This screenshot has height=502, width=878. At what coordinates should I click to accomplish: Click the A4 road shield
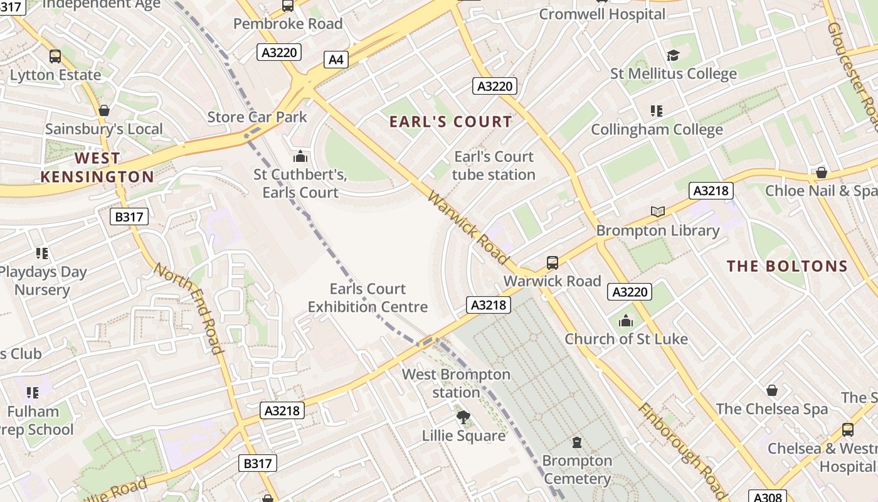(336, 60)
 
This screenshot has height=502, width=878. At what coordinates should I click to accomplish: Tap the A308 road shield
(768, 497)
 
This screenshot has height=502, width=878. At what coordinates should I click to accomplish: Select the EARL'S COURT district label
(451, 122)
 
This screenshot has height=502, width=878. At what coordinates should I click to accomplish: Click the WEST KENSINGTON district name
(97, 168)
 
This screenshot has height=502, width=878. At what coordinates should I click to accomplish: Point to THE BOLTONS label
(787, 266)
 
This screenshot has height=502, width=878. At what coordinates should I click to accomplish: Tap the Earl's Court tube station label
(494, 166)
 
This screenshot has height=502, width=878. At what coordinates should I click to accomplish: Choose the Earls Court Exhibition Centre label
(368, 298)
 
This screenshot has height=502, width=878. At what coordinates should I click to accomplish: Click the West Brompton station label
(456, 383)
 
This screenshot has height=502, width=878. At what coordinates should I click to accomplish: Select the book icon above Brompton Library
(657, 212)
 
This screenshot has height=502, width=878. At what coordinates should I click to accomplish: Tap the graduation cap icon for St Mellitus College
(674, 56)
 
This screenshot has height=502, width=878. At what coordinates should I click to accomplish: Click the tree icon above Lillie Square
(463, 417)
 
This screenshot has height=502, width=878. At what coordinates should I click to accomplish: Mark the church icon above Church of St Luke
(626, 321)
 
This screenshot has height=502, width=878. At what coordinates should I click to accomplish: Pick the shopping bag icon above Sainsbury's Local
(104, 111)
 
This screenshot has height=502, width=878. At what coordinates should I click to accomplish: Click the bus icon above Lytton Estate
(55, 56)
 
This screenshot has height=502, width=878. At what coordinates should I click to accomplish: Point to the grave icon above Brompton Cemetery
(577, 442)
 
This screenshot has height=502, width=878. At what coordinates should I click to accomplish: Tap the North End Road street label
(189, 308)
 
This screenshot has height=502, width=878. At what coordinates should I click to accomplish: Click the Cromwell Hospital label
(601, 14)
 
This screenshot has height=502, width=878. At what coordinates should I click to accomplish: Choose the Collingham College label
(657, 130)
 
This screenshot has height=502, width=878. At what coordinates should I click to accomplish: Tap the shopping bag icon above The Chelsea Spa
(772, 390)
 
